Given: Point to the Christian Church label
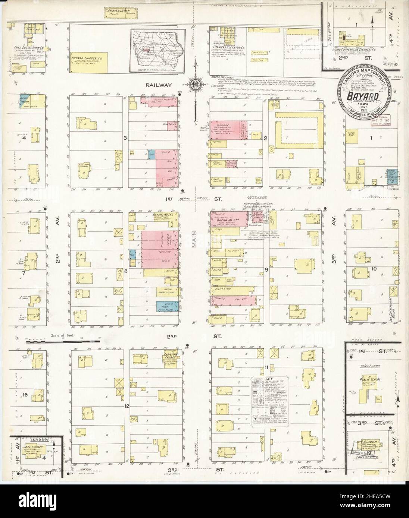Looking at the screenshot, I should pos(171,354).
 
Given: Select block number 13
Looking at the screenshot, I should pos(25,395).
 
